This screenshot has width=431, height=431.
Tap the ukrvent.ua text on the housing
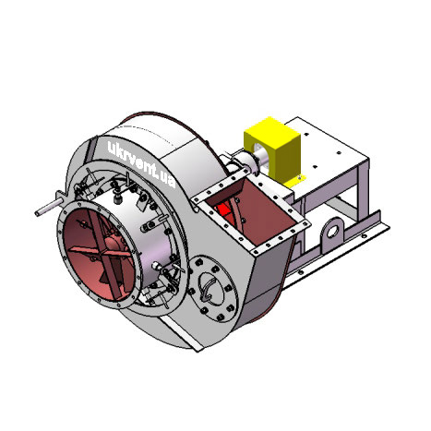click(141, 164)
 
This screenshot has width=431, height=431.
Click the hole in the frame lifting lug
click(332, 232)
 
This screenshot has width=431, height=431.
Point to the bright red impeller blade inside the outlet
click(223, 211)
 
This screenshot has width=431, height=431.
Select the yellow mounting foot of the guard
click(294, 182)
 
